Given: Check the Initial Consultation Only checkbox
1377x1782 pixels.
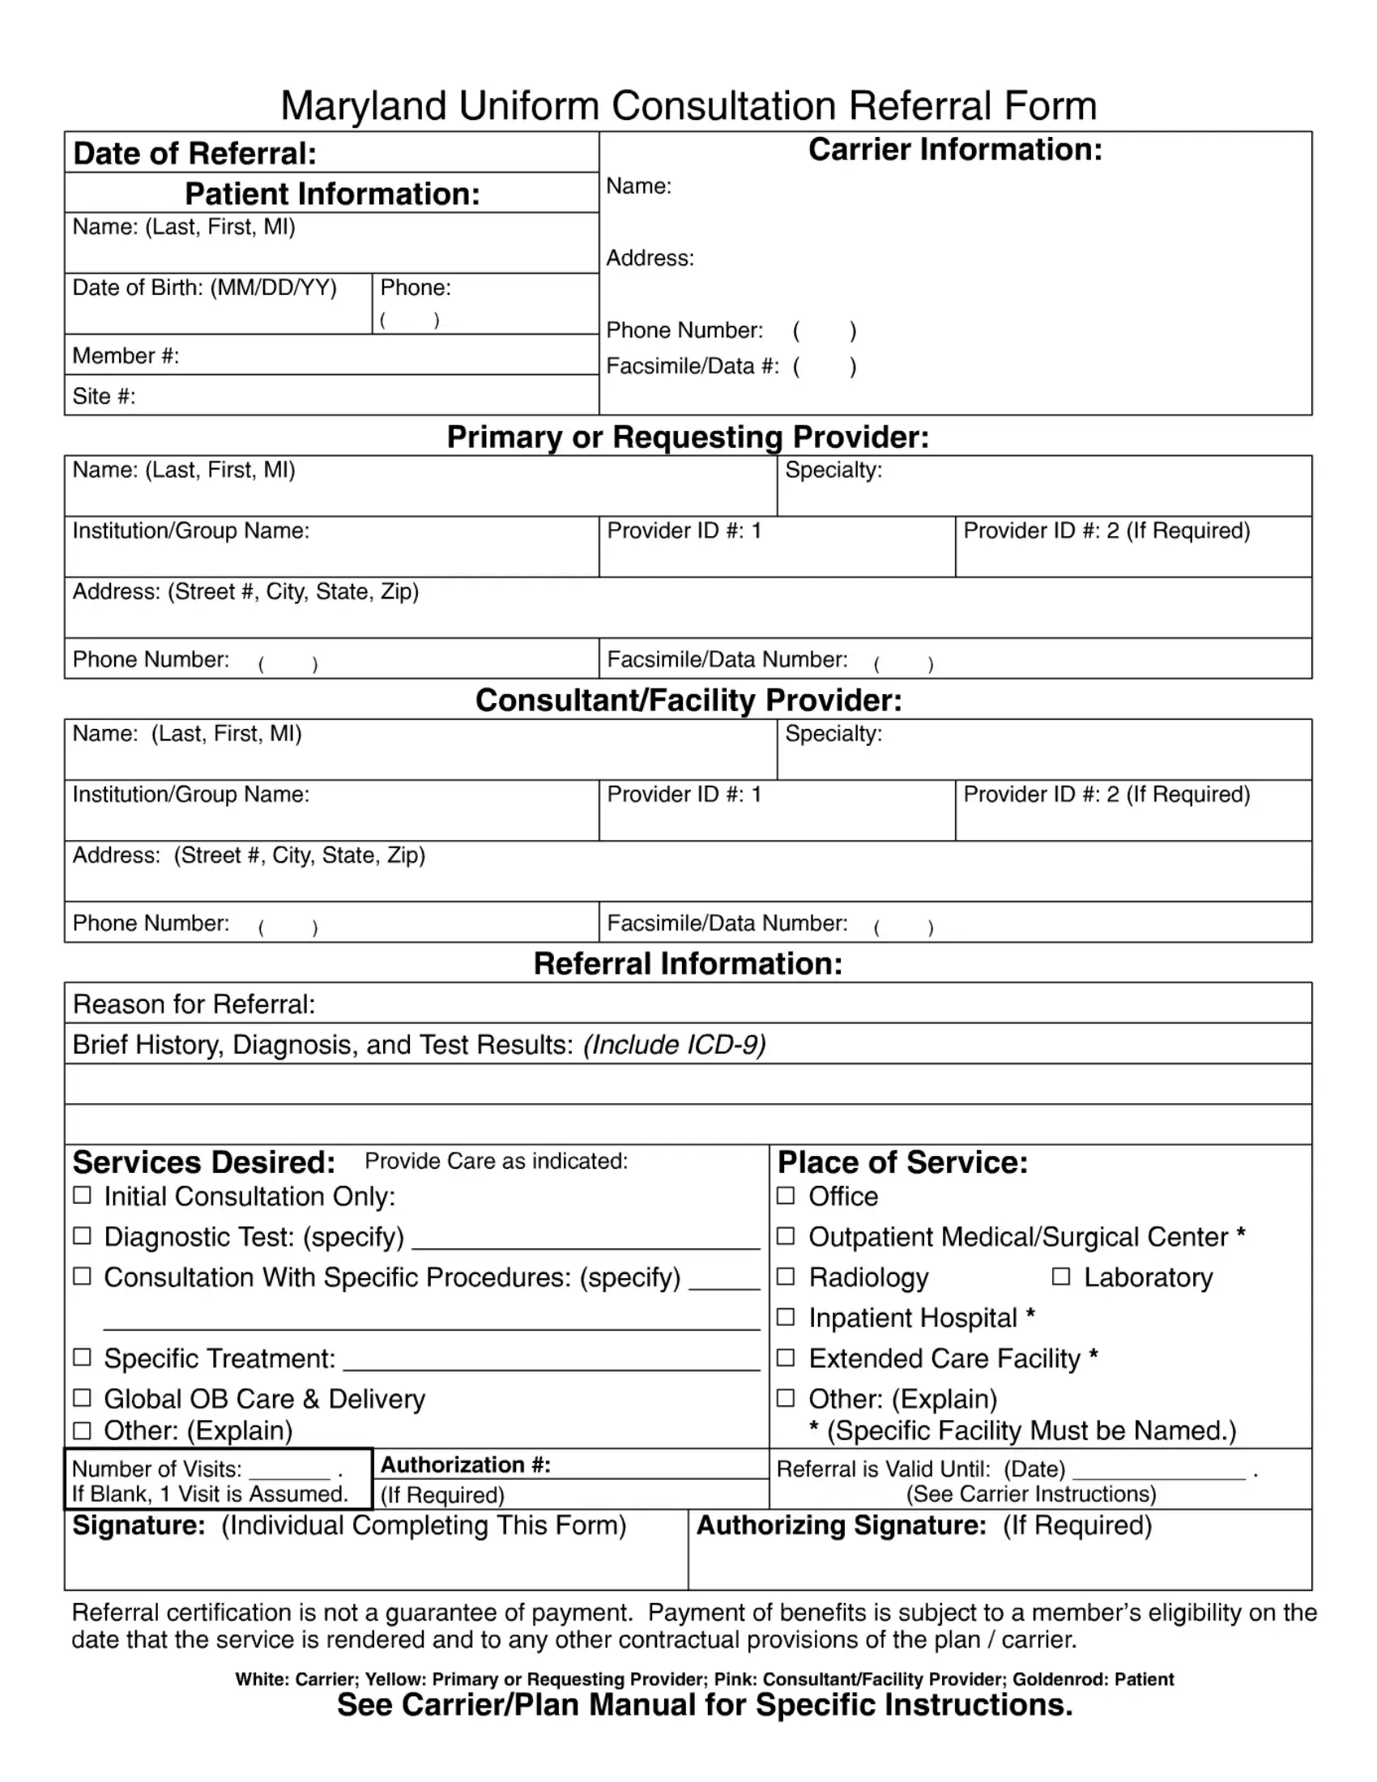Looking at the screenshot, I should tap(82, 1196).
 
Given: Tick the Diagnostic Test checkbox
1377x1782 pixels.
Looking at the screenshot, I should tap(82, 1235).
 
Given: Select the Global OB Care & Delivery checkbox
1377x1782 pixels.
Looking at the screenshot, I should tap(82, 1398).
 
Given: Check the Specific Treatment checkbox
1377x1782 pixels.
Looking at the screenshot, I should tap(82, 1357).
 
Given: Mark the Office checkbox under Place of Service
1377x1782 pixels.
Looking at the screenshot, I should tap(786, 1196).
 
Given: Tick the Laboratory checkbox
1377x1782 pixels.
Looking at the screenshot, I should tap(1060, 1276).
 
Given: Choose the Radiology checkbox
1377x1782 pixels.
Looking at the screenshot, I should tap(786, 1276).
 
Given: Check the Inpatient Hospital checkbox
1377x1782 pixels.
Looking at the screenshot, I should tap(786, 1317).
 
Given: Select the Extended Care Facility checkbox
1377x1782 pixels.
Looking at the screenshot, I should tap(786, 1357).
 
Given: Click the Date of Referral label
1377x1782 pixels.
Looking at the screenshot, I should tap(194, 153).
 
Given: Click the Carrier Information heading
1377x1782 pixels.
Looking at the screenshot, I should tap(954, 149).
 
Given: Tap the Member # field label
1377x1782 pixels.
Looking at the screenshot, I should tap(126, 356).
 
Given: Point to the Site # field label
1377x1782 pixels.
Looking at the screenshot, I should tap(104, 397).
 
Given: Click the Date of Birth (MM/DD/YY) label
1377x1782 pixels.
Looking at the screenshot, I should tap(204, 288).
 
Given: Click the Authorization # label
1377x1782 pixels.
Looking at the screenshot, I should tap(466, 1464).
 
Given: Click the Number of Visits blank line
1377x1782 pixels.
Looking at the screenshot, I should tap(290, 1473).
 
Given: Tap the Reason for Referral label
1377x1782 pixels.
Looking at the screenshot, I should tap(194, 1004).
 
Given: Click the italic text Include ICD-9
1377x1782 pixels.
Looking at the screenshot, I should tap(675, 1045).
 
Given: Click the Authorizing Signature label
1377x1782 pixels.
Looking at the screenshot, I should tap(841, 1526).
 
